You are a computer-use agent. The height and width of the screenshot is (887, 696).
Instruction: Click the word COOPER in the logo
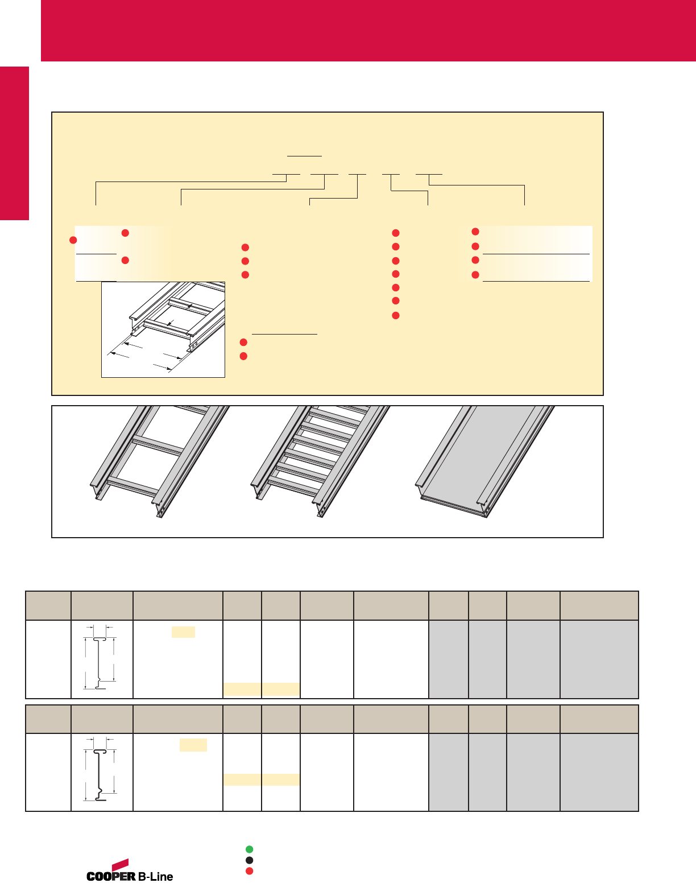coord(111,876)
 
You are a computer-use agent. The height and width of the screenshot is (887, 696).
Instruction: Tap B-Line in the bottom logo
coord(155,876)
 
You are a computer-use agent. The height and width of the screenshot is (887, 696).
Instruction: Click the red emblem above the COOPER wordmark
coord(121,864)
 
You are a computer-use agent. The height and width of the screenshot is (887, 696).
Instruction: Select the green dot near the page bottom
coord(249,849)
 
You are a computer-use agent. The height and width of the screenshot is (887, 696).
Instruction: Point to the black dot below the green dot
coord(249,860)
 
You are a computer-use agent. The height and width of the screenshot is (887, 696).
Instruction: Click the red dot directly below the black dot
coord(249,871)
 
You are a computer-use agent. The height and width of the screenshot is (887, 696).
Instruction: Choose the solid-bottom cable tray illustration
coord(484,461)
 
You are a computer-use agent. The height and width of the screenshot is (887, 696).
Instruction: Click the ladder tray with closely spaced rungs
coord(320,461)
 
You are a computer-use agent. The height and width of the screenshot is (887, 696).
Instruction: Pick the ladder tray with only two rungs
coord(160,461)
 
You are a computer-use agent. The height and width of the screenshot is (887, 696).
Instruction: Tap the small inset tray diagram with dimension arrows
coord(163,329)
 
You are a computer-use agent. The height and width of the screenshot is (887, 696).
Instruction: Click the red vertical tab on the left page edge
coord(14,143)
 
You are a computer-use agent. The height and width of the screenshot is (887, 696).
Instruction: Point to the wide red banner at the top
coord(368,31)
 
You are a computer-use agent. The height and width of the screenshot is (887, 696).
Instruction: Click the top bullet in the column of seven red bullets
coord(395,233)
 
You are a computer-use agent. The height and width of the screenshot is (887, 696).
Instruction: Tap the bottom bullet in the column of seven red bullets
coord(395,316)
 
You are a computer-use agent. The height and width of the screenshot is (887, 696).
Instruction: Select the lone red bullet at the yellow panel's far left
coord(73,240)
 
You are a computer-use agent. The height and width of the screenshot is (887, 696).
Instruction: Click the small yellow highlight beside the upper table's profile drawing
coord(183,632)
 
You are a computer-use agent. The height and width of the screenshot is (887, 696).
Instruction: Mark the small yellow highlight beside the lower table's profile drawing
coord(193,745)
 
